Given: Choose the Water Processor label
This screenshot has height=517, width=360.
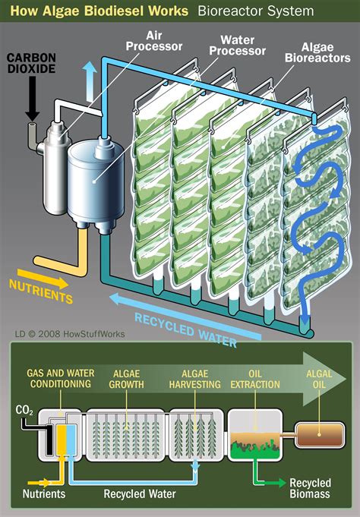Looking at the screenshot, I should [242, 45].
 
